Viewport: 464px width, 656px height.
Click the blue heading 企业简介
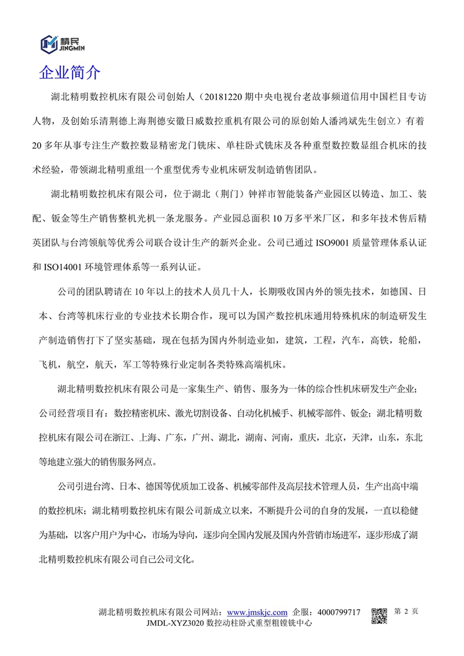70,73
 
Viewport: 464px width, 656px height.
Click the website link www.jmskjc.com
257,612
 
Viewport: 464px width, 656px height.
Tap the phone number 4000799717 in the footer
339,612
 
